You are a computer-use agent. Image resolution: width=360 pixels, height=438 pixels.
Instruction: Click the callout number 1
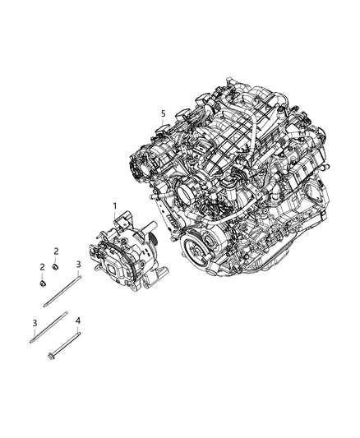pos(114,205)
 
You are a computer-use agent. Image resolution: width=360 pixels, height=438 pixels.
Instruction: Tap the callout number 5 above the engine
pos(163,113)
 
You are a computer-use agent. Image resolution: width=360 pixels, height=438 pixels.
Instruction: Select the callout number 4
pos(78,320)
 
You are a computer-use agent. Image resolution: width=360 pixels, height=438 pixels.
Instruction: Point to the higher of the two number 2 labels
pos(56,250)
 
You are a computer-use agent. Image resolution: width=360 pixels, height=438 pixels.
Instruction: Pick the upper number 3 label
pos(78,264)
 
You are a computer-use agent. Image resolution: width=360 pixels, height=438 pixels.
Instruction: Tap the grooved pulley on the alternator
pos(153,238)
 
